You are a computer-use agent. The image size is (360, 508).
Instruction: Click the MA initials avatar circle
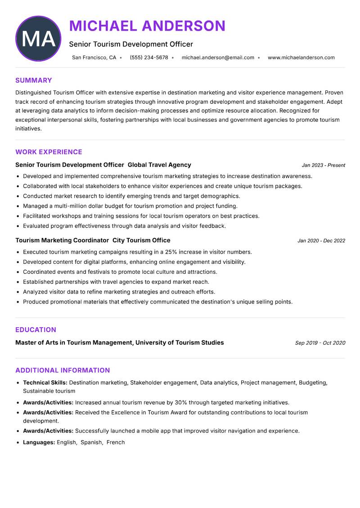coord(38,39)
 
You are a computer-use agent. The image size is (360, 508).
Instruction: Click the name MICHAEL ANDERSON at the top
coord(147,26)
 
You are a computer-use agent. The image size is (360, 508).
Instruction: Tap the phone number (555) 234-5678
coord(149,58)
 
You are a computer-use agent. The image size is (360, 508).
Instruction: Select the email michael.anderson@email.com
coord(218,58)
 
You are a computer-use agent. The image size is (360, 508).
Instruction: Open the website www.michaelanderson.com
coord(301,58)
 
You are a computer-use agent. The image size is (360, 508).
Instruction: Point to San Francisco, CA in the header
coord(94,58)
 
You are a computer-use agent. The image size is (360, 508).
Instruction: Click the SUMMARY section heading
coord(34,80)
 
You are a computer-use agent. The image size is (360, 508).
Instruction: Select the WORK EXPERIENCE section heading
coord(49,152)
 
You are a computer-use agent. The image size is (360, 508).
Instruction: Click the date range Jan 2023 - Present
coord(324,165)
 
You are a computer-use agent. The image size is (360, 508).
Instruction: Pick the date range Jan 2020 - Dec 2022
coord(321,241)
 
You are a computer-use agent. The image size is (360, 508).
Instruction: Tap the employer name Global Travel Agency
coord(159,165)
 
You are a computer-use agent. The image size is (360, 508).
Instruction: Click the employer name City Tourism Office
coord(141,241)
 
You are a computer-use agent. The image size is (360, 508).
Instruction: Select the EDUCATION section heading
coord(36,330)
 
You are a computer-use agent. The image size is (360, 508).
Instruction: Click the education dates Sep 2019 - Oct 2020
coord(320,343)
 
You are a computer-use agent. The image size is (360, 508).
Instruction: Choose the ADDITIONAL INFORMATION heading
coord(63,370)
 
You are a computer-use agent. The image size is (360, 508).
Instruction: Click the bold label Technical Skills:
coord(45,383)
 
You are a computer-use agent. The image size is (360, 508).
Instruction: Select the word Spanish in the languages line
coord(91,443)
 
